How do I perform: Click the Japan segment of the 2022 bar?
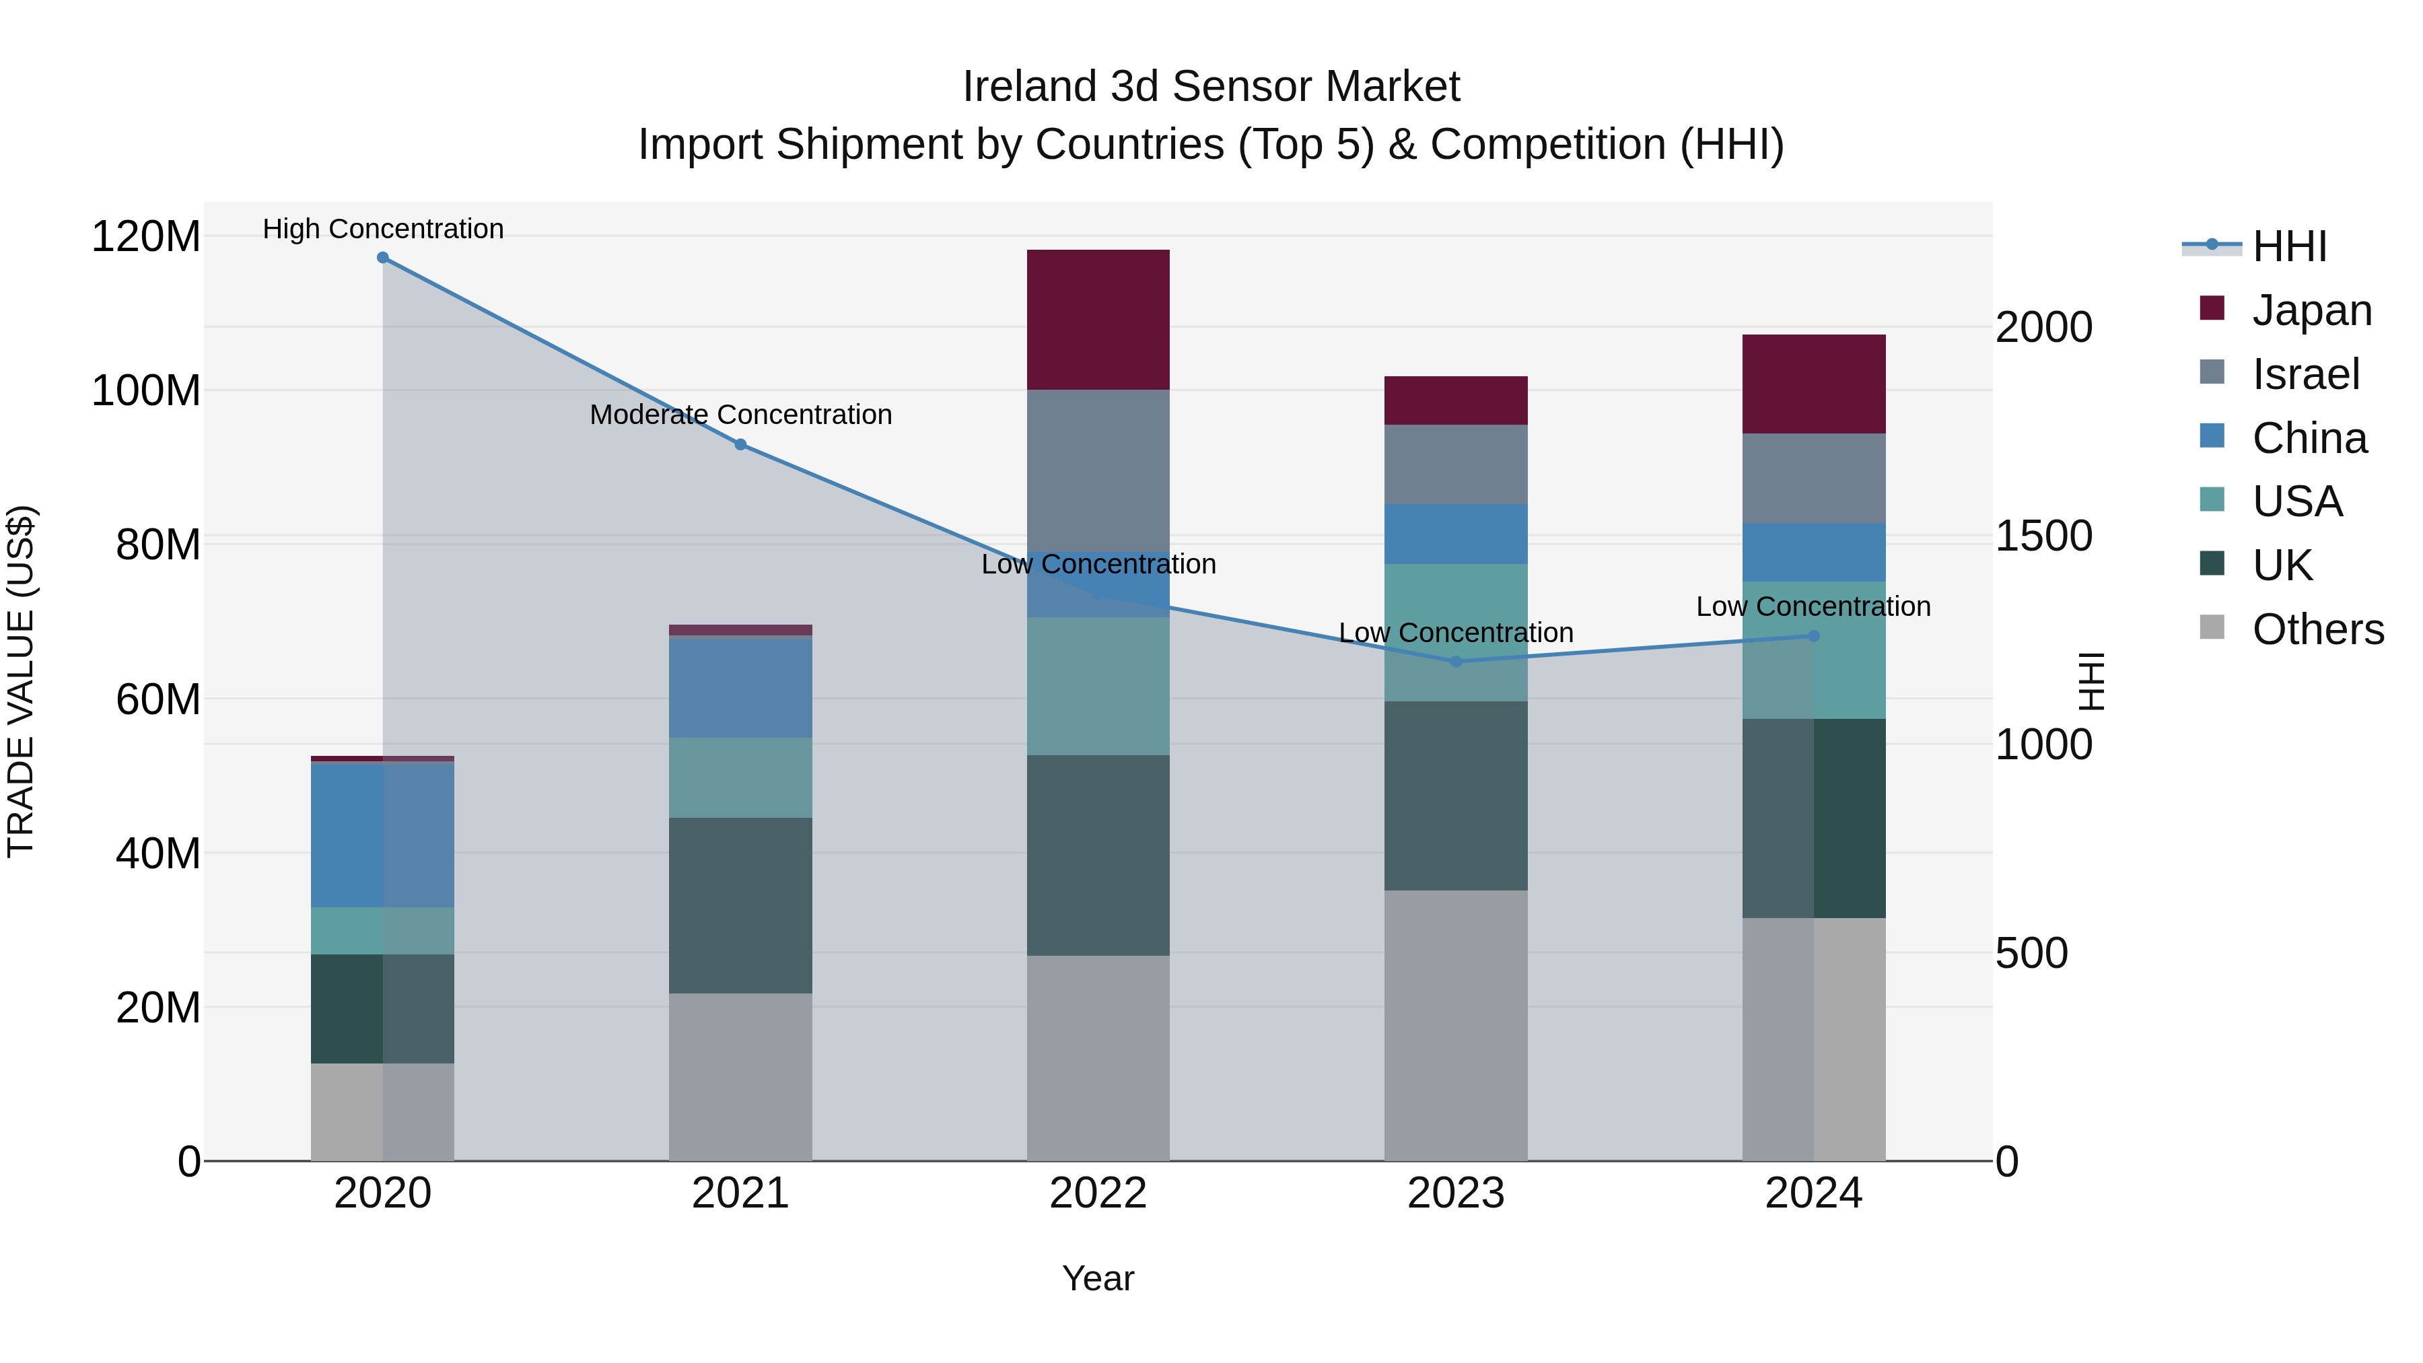(x=1098, y=320)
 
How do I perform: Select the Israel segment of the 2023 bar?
(x=1455, y=464)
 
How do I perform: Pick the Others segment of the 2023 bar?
(x=1455, y=1025)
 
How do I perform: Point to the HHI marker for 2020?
(x=383, y=258)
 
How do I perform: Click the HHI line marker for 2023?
(x=1456, y=661)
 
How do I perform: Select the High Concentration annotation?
(x=383, y=229)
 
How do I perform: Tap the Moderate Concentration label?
(x=740, y=415)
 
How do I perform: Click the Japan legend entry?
(x=2311, y=310)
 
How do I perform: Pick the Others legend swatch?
(x=2212, y=627)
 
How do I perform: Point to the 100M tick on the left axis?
(x=146, y=390)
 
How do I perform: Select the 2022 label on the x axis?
(x=1098, y=1193)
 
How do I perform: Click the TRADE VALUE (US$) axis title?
(x=21, y=681)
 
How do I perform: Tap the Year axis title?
(x=1098, y=1278)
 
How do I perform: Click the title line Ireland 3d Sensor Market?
(x=1211, y=87)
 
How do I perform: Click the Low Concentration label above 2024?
(x=1813, y=606)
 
